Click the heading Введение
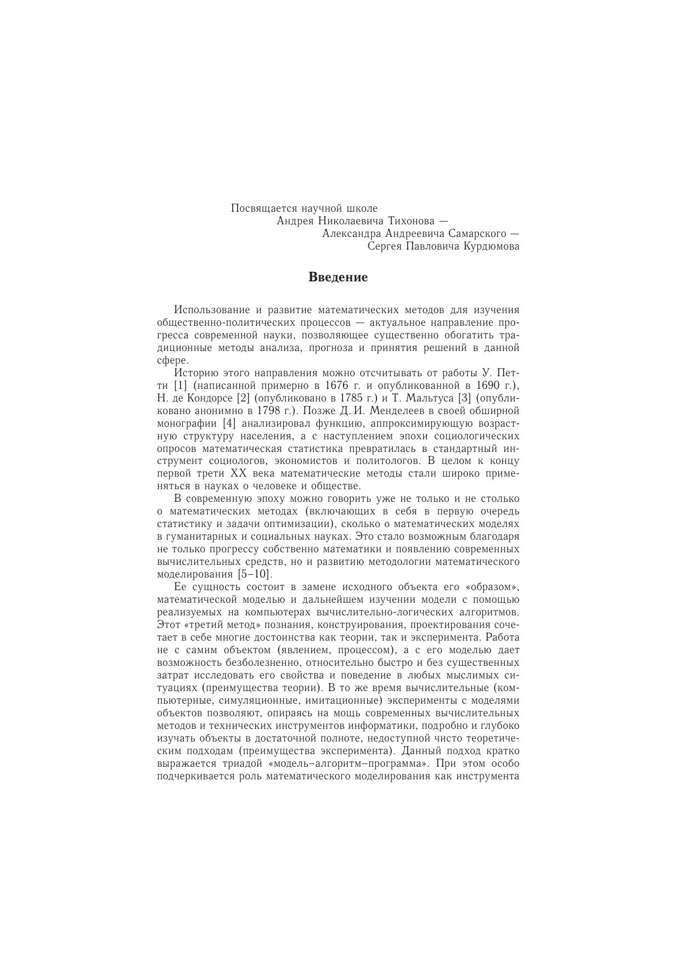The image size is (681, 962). point(338,278)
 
